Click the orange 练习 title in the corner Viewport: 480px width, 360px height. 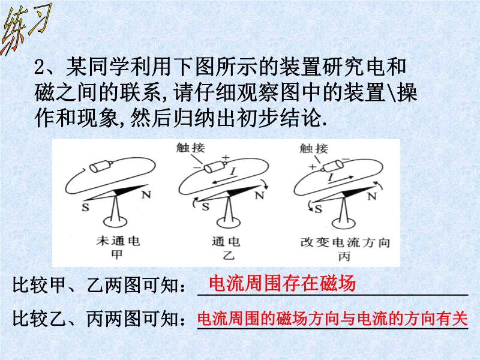27,29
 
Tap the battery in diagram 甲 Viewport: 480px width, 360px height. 100,166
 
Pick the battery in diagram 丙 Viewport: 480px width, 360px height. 332,166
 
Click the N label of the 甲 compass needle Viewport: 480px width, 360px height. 146,194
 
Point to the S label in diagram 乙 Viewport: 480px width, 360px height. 206,207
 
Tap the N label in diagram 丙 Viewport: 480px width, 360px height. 371,196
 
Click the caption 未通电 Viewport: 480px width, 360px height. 118,241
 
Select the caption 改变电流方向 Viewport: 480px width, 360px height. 345,243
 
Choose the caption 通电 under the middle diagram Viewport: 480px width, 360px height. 226,242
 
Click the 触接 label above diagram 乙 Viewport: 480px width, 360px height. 190,148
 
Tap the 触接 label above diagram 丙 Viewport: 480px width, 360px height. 314,148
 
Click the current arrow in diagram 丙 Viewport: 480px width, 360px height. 341,179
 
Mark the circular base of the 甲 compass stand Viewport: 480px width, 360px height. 115,221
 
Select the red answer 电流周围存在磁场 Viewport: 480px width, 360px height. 282,283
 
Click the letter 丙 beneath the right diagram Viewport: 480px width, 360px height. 344,257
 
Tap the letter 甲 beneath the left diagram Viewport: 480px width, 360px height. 117,254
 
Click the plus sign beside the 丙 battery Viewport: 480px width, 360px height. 312,167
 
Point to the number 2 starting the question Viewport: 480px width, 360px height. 40,67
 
